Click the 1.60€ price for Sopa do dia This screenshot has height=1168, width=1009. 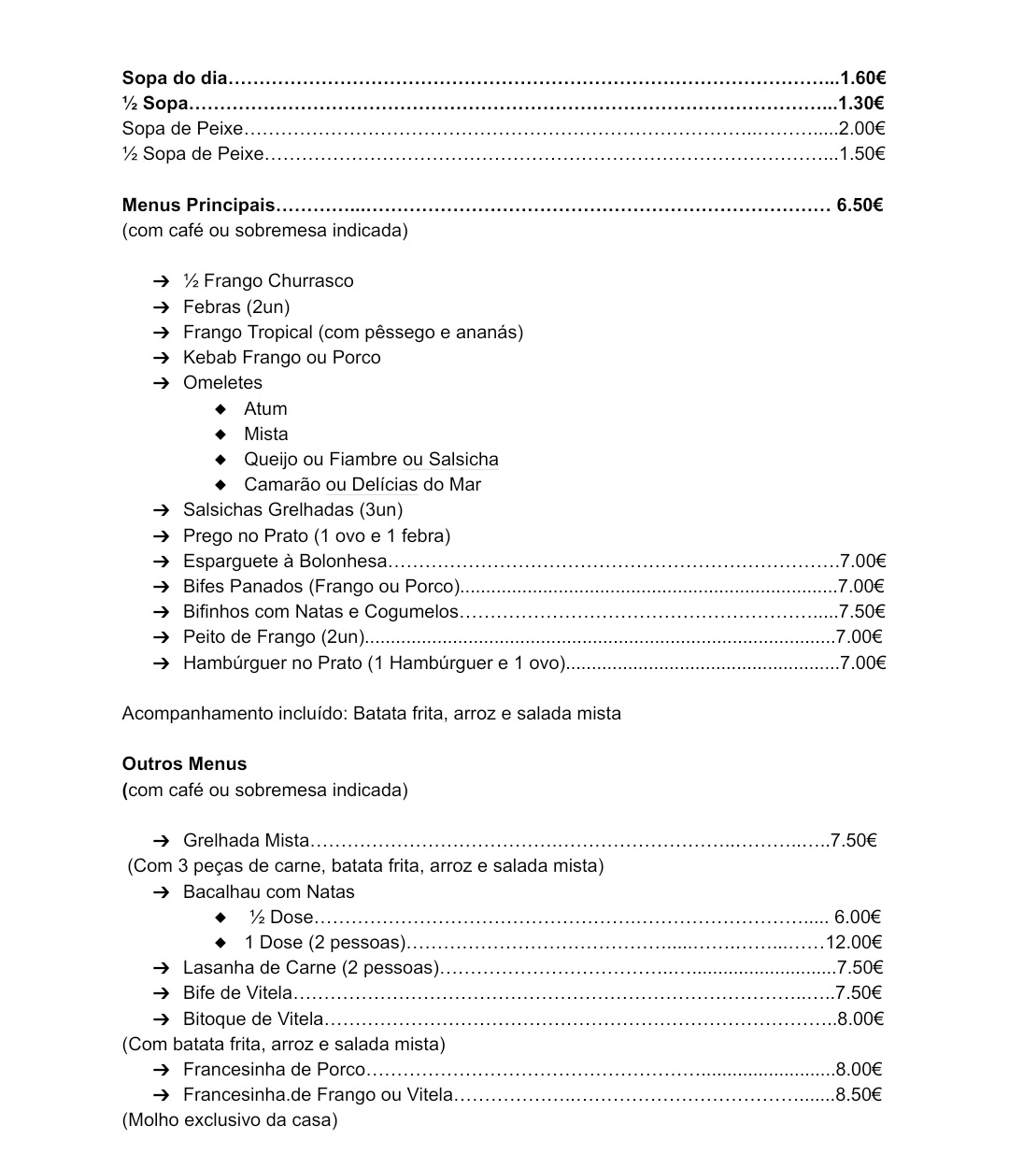point(862,78)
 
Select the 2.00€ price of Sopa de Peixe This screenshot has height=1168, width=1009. point(861,128)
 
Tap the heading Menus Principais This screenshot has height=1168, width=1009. point(199,205)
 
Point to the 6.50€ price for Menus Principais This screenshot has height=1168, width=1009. point(860,205)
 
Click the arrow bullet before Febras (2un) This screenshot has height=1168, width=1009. point(162,306)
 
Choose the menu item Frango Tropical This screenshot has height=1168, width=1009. point(352,332)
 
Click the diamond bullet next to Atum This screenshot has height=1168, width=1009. point(220,408)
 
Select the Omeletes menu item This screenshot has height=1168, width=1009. point(222,382)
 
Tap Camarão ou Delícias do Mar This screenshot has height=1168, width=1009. point(362,484)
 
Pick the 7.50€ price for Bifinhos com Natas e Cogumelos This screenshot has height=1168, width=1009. point(861,611)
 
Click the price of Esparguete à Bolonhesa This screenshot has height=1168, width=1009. point(862,561)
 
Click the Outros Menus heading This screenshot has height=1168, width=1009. point(184,763)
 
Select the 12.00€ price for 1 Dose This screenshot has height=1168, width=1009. point(854,942)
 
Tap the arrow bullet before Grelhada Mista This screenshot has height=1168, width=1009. point(162,840)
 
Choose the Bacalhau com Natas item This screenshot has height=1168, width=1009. point(268,891)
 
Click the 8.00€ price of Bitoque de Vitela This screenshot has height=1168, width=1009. point(860,1018)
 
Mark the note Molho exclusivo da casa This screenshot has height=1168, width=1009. point(230,1119)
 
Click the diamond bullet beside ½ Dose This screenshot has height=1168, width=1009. point(220,917)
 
